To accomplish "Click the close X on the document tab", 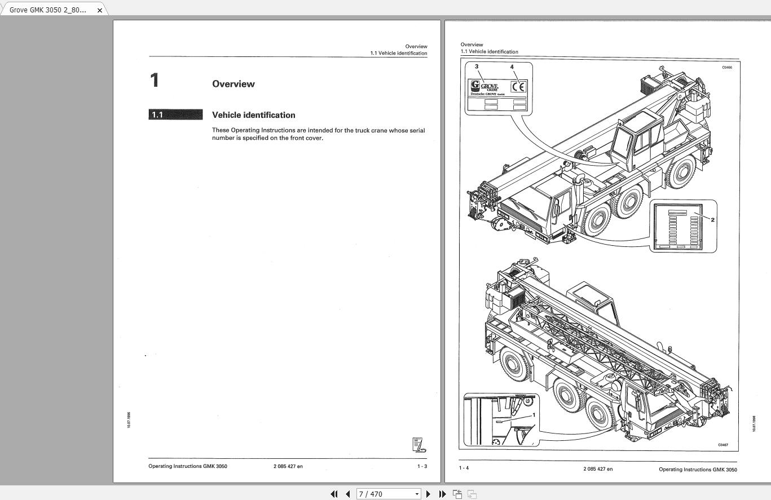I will click(100, 10).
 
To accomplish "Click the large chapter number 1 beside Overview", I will click(155, 81).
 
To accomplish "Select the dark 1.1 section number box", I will click(175, 115).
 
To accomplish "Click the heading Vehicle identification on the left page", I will click(253, 115).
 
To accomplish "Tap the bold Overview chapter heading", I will click(233, 84).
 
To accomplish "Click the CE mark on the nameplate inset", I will click(518, 87).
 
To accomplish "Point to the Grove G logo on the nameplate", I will click(475, 86).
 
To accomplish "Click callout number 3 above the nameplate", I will click(477, 67).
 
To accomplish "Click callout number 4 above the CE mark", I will click(512, 67).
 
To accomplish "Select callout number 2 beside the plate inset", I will click(712, 219).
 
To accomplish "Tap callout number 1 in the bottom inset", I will click(534, 414).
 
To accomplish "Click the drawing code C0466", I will click(727, 68).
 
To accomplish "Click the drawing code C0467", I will click(723, 445).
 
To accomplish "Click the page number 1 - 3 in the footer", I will click(422, 466).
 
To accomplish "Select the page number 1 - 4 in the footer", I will click(464, 468).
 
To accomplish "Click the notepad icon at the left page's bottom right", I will click(419, 445).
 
